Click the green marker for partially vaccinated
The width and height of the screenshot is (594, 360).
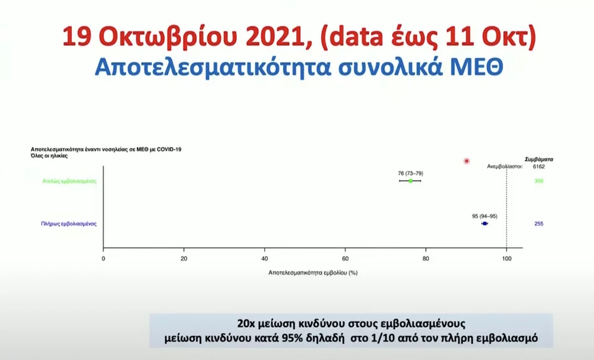click(x=410, y=181)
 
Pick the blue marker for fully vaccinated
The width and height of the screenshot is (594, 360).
click(x=485, y=223)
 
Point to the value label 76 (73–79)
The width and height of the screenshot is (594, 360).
click(x=410, y=173)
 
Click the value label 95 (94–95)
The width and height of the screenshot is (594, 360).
click(x=484, y=216)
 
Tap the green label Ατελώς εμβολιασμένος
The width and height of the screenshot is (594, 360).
click(x=65, y=181)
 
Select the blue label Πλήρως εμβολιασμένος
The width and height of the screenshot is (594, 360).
click(x=65, y=223)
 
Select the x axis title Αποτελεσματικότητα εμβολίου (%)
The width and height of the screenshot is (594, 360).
click(x=313, y=272)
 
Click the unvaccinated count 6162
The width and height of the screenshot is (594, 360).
click(x=538, y=166)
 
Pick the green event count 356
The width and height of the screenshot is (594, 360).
click(x=538, y=181)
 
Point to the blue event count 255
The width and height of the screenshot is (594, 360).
click(x=538, y=223)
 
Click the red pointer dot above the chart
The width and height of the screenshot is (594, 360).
click(x=467, y=161)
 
